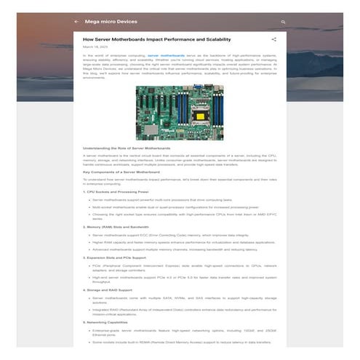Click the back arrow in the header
[x=76, y=22]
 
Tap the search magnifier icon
[x=283, y=22]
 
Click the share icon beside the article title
[x=273, y=39]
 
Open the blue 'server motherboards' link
[x=166, y=55]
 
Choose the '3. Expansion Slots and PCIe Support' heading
[x=116, y=258]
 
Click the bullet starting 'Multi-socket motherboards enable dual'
[x=174, y=207]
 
